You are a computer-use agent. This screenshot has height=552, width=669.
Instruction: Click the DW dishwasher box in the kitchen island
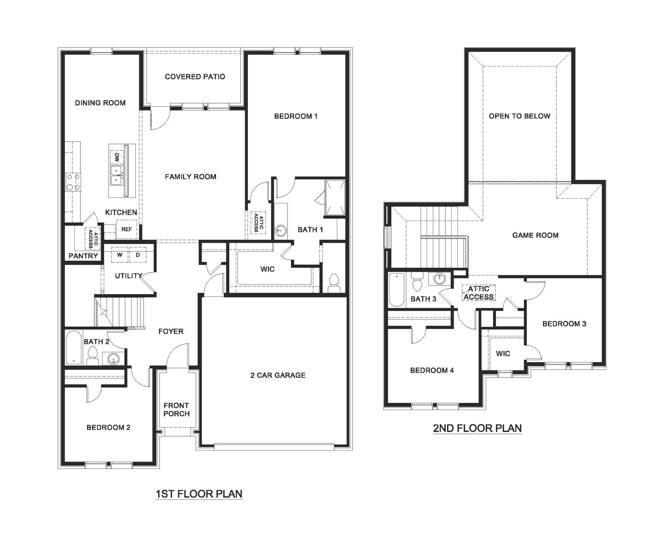pos(117,158)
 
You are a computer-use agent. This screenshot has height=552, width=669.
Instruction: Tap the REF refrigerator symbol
pos(126,229)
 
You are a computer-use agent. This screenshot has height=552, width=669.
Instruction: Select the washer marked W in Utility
pos(120,255)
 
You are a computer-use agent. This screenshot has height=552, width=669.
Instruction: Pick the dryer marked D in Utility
pos(138,255)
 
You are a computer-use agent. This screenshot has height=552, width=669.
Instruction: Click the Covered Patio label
pos(195,77)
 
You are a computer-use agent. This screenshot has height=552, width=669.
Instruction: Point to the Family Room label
pos(190,177)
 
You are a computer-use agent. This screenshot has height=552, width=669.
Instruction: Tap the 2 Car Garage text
pos(278,375)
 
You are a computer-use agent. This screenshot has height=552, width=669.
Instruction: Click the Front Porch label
pos(177,410)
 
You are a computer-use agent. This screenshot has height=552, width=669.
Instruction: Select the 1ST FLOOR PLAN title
pos(199,494)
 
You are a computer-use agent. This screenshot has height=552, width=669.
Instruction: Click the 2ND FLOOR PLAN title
pos(477,428)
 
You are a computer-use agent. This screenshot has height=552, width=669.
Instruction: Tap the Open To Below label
pos(519,116)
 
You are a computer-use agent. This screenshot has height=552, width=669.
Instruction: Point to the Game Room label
pos(535,235)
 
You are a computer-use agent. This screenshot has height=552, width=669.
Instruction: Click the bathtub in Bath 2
pos(73,348)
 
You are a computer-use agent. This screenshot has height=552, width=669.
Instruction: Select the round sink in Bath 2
pos(113,359)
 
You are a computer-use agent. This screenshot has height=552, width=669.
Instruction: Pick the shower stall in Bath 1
pos(335,197)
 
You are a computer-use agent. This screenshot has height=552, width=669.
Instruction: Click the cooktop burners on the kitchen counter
pos(73,182)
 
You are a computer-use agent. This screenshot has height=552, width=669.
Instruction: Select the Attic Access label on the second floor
pos(479,293)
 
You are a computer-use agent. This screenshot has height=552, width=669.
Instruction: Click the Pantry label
pos(83,256)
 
